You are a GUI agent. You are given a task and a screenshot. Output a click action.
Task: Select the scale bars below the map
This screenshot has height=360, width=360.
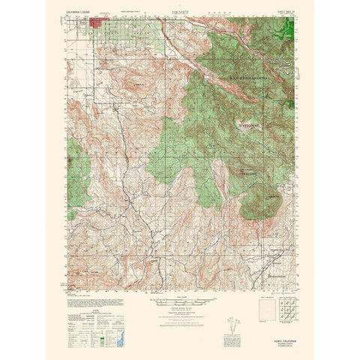(180, 303)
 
